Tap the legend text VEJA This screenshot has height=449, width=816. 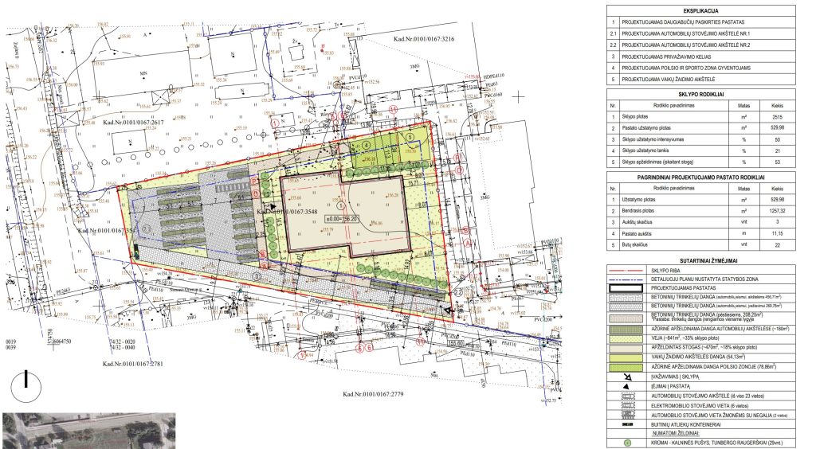(x=656, y=338)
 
